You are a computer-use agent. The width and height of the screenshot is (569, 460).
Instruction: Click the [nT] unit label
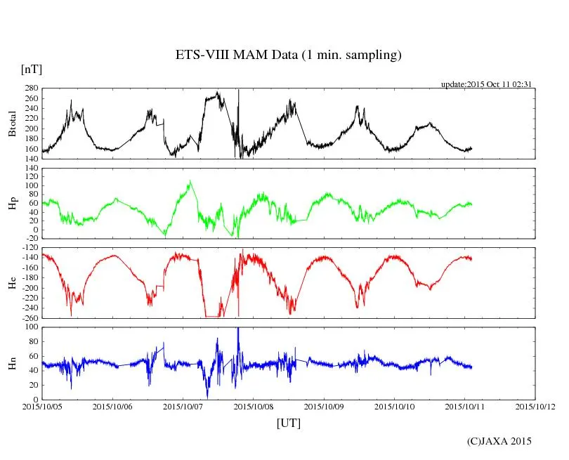click(x=32, y=70)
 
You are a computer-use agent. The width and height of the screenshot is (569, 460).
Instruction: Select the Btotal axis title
click(x=12, y=124)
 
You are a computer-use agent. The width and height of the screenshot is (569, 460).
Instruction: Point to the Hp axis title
click(x=12, y=203)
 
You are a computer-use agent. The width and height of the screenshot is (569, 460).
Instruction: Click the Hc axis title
click(x=12, y=282)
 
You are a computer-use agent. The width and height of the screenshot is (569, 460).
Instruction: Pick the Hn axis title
click(x=12, y=362)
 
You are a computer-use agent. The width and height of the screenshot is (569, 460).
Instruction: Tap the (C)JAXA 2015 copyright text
click(x=499, y=441)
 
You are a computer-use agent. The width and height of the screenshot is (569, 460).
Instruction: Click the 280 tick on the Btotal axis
click(x=30, y=88)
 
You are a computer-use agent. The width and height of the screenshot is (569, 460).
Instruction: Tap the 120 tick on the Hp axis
click(x=30, y=169)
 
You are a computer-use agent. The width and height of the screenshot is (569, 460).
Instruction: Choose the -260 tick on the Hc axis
click(x=28, y=317)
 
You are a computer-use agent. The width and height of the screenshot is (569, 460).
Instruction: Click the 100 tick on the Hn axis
click(x=30, y=327)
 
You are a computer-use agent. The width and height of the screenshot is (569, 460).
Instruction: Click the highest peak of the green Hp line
click(x=190, y=180)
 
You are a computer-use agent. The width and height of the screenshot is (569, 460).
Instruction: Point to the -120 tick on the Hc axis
click(x=28, y=248)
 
